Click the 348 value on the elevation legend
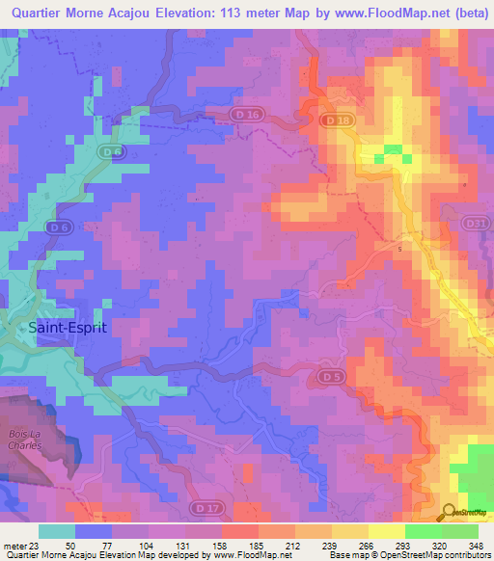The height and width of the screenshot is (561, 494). (474, 544)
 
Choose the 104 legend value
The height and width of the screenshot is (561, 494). (148, 544)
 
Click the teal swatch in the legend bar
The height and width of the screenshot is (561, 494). (57, 531)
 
